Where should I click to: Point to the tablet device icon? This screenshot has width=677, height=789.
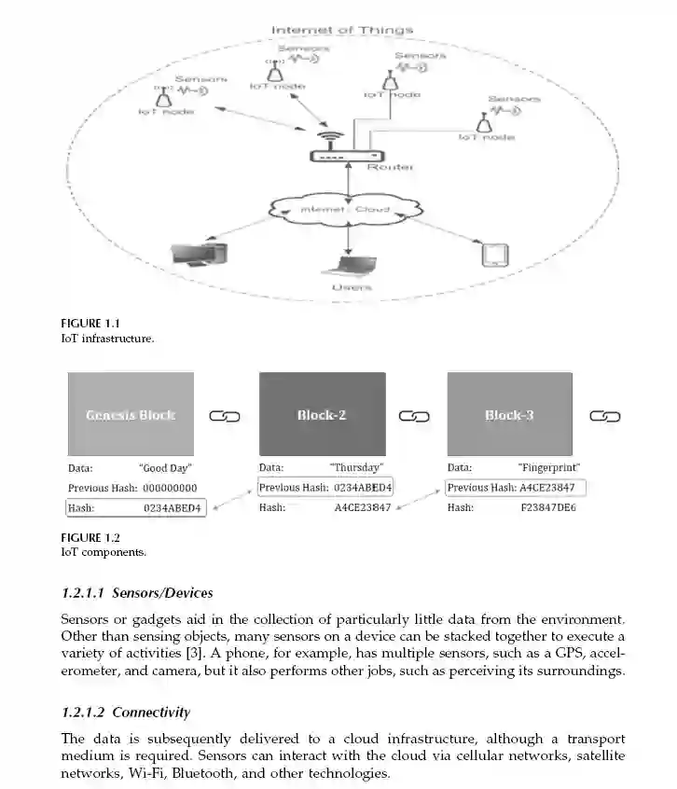coord(492,255)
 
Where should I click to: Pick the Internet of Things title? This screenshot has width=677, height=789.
coord(341,30)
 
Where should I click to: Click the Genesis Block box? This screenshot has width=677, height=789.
coord(131,413)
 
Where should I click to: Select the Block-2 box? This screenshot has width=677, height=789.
coord(322,413)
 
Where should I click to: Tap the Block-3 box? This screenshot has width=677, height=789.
coord(509,413)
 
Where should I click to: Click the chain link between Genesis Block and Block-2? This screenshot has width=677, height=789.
coord(225,416)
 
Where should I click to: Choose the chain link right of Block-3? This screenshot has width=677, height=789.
coord(605,416)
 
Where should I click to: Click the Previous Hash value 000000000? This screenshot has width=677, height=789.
coord(169,488)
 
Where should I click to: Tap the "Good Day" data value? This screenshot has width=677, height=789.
coord(164,467)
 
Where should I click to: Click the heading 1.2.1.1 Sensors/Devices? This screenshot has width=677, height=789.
coord(136,592)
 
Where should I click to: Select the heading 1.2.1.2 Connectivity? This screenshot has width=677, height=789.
coord(125,713)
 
